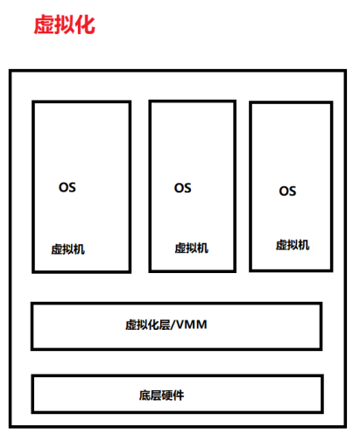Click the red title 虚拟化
point(65,24)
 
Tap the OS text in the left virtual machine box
point(67,187)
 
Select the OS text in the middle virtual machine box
point(183,188)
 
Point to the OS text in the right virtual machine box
point(287,192)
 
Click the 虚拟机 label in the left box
point(68,249)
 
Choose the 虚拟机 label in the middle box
point(192,248)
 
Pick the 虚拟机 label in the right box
point(293,245)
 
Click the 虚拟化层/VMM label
point(166,325)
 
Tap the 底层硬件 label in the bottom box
point(161,395)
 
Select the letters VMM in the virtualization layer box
point(192,325)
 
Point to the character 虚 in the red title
point(44,24)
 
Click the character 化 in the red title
point(85,24)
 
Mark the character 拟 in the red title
point(65,24)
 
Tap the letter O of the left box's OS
point(63,187)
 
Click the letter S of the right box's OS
point(293,192)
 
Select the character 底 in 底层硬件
point(145,395)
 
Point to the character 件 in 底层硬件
point(179,395)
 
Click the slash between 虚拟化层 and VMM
point(173,325)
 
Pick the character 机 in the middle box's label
point(203,248)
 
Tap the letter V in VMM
point(180,325)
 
